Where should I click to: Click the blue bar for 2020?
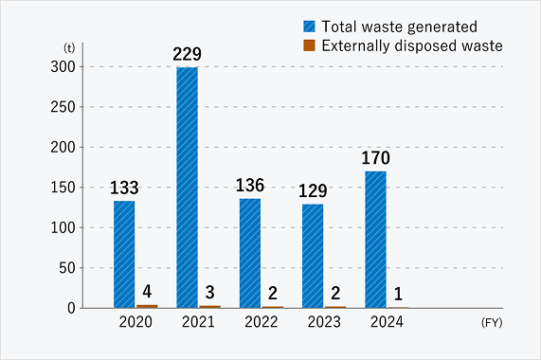click(x=124, y=254)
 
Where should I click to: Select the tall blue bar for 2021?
click(x=187, y=188)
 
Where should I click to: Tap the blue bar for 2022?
click(x=250, y=253)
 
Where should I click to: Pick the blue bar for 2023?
click(x=313, y=256)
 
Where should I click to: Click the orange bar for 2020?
click(x=147, y=306)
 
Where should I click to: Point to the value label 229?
click(x=188, y=55)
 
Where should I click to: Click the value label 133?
click(x=125, y=188)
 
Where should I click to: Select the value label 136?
click(x=250, y=185)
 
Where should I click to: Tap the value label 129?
click(x=313, y=190)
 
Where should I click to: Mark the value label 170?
click(x=375, y=157)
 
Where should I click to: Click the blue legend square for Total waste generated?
click(x=310, y=27)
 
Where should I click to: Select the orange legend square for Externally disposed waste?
click(x=310, y=45)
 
